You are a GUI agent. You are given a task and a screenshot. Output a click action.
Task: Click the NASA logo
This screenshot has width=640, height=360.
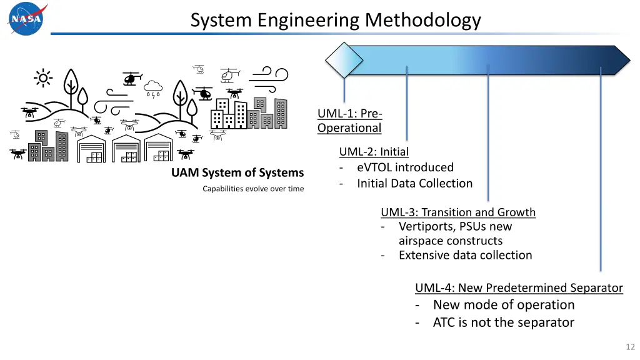(27, 19)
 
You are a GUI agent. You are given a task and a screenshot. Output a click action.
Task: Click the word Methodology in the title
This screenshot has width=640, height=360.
(423, 21)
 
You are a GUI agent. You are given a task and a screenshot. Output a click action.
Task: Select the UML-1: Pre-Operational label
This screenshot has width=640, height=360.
(349, 121)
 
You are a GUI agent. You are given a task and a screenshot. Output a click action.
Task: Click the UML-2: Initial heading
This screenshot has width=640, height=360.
(374, 151)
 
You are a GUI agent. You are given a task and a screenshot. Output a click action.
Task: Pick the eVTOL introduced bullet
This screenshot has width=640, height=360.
(405, 167)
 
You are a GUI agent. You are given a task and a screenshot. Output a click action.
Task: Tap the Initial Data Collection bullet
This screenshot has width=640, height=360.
(414, 184)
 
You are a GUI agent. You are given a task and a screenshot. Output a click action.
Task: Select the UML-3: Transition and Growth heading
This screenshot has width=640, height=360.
(458, 212)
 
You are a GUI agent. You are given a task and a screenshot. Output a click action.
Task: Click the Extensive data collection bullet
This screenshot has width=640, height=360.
(465, 255)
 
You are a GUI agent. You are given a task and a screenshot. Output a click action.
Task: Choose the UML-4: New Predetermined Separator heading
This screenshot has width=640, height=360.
(519, 288)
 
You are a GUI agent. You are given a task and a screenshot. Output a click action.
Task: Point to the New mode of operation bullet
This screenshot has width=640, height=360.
(503, 305)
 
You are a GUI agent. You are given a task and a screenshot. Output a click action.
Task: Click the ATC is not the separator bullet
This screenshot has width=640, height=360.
(503, 322)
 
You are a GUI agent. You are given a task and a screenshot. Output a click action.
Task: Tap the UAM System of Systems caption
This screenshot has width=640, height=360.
(237, 172)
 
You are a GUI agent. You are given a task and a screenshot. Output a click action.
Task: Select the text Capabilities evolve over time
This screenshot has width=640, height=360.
(253, 189)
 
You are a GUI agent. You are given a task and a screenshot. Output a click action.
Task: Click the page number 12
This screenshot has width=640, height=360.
(629, 347)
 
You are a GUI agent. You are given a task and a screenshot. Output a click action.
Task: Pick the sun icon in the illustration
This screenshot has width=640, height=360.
(43, 78)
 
